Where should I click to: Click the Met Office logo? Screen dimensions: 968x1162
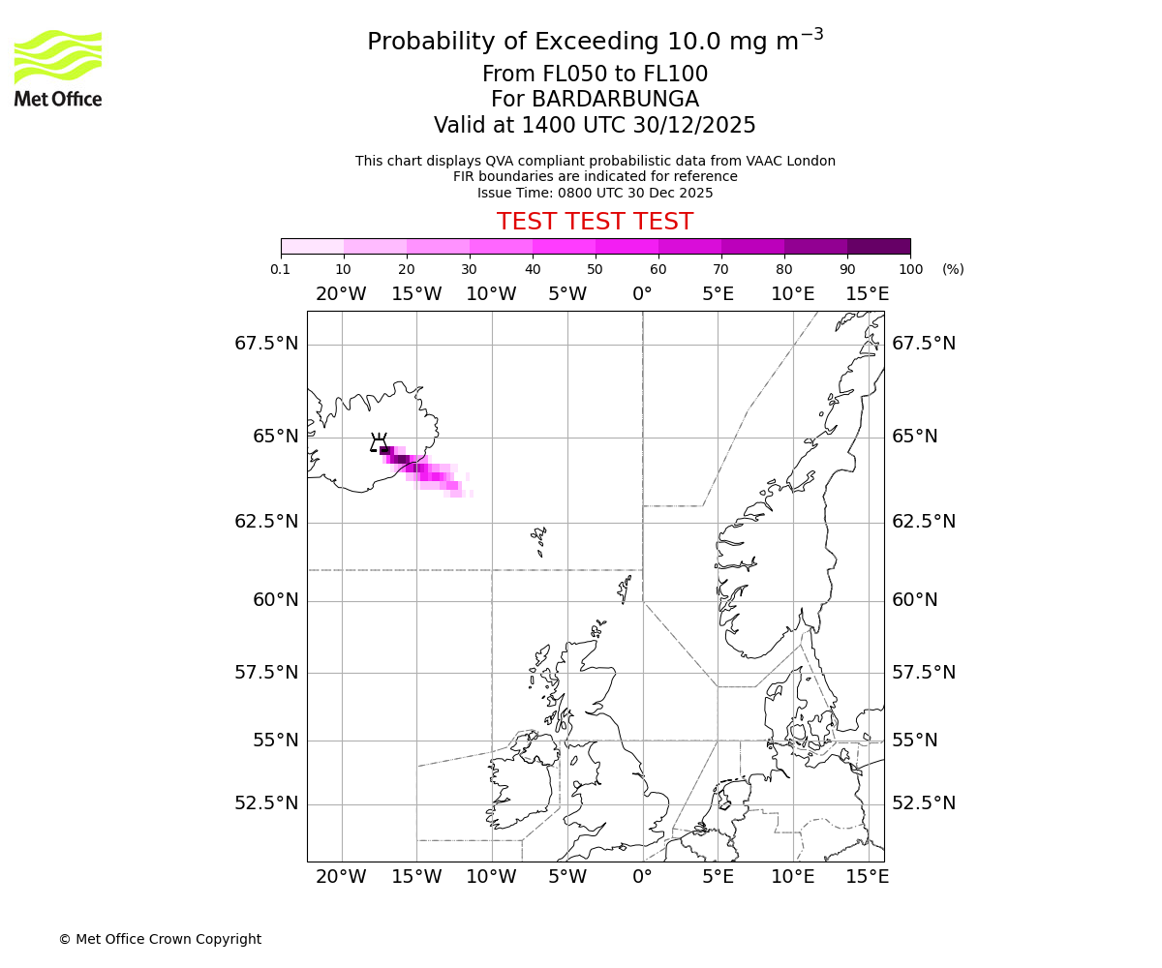coord(58,68)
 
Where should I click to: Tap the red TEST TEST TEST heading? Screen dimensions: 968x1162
coord(595,222)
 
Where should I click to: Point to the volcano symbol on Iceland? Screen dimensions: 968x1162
coord(378,443)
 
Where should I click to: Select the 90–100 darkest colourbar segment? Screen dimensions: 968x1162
coord(878,246)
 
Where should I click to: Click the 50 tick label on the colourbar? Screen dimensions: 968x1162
coord(596,269)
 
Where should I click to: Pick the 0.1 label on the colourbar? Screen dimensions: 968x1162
coord(281,269)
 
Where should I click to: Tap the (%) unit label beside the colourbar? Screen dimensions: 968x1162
coord(953,269)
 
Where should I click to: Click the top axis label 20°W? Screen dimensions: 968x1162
coord(341,294)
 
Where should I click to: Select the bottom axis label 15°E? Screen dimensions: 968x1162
coord(868,877)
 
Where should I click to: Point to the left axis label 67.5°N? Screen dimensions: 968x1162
coord(266,344)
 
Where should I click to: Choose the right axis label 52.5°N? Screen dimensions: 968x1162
coord(924,803)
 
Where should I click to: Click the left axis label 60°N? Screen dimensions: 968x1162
coord(276,600)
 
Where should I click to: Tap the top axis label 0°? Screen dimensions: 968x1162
coord(642,294)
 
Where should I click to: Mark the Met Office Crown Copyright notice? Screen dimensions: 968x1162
coord(160,939)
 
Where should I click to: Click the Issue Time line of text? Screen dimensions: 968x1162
coord(595,193)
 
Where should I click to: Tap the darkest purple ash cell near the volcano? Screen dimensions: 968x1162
coord(385,450)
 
